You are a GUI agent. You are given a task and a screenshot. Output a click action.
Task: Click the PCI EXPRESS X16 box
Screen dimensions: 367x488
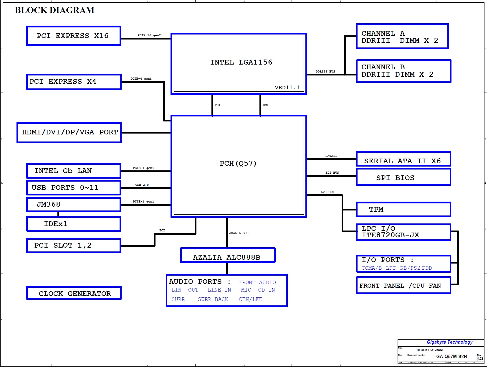point(73,36)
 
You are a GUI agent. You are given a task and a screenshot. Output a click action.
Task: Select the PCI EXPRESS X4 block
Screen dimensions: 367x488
point(73,82)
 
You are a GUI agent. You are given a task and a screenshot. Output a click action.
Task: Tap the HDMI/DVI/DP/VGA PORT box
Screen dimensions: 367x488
point(69,132)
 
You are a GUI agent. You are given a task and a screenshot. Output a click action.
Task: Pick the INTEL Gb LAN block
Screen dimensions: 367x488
point(73,171)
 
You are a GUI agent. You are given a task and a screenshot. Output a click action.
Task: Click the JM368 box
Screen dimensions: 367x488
point(73,205)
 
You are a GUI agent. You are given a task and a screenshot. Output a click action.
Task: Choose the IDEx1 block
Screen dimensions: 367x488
point(73,224)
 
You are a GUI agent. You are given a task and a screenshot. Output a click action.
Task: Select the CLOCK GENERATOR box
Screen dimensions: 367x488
point(74,293)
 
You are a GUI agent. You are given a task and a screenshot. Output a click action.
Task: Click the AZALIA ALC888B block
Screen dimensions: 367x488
point(228,256)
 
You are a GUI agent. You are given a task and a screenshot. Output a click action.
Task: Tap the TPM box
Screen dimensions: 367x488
point(403,210)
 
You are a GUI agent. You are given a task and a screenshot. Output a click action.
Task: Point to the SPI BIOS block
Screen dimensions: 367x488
point(403,177)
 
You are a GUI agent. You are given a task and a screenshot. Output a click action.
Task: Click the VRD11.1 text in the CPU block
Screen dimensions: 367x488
point(287,88)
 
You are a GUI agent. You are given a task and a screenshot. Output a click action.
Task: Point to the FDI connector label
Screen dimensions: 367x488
point(218,105)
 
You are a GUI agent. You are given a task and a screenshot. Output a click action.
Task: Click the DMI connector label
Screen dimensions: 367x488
point(266,105)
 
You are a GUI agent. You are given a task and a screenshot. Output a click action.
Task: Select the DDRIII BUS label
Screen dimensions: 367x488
point(325,72)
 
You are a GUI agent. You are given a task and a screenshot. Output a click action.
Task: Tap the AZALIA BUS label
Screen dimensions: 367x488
point(239,233)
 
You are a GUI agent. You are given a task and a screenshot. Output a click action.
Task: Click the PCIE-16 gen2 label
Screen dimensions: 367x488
point(149,35)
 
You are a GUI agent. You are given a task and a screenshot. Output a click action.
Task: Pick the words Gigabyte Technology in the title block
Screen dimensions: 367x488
point(449,342)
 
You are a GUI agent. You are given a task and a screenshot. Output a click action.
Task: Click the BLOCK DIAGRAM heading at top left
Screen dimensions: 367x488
point(55,10)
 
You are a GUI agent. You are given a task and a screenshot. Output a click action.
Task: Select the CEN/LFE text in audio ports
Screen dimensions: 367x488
point(250,299)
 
